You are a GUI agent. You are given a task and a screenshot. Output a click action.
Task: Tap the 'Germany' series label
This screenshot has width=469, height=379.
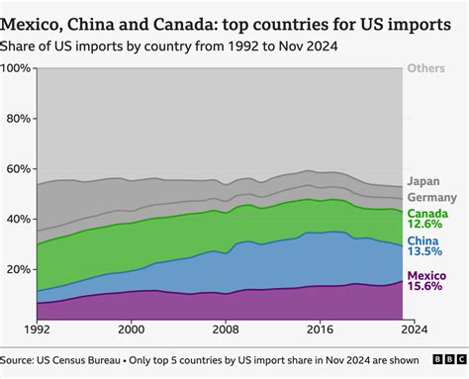432,197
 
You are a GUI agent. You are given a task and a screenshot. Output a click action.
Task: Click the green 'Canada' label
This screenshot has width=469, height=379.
429,214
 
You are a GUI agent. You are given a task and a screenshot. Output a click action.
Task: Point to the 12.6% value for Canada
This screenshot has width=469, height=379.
428,227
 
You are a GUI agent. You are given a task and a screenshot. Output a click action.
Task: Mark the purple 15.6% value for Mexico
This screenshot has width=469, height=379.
427,286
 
